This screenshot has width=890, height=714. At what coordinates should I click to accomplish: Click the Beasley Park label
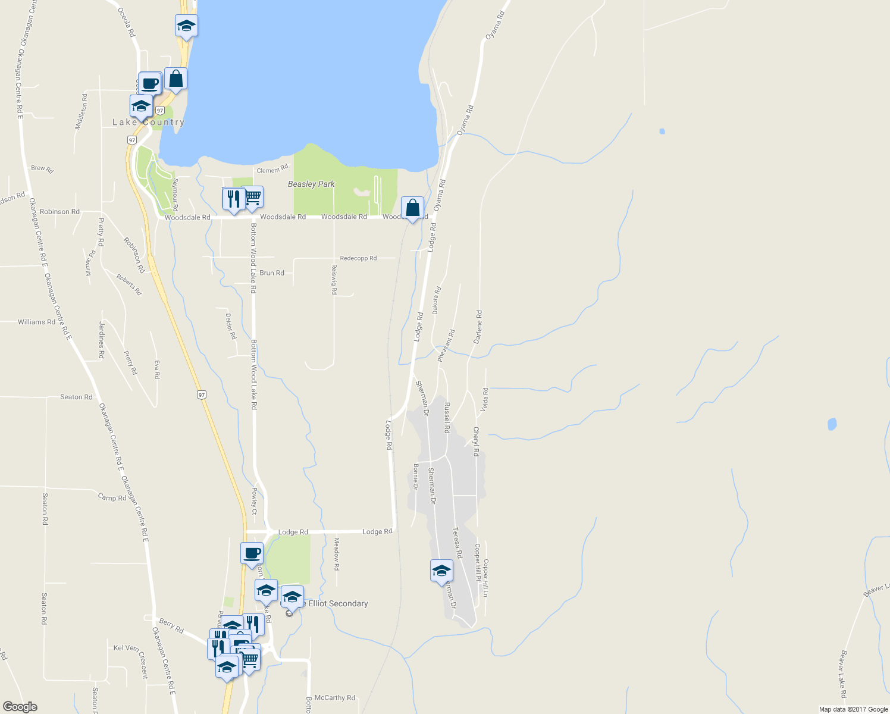click(x=311, y=184)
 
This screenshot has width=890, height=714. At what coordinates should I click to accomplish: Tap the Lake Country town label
click(x=149, y=123)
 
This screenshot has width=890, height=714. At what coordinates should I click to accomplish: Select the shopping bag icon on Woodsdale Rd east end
click(x=412, y=208)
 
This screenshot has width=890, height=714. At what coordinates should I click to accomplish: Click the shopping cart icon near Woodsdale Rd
click(x=253, y=198)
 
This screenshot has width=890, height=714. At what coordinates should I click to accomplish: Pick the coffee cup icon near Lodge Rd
click(x=252, y=553)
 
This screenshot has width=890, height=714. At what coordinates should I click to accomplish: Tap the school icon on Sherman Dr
click(x=441, y=571)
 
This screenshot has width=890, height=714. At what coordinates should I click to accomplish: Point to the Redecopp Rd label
click(x=358, y=258)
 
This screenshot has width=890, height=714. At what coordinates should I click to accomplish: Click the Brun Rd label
click(x=272, y=273)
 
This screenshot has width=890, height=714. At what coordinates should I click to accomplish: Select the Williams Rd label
click(x=36, y=322)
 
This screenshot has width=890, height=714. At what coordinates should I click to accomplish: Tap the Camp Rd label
click(x=112, y=497)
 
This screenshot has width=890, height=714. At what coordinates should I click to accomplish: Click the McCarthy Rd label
click(x=334, y=698)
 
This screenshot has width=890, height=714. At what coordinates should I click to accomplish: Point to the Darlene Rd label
click(x=478, y=327)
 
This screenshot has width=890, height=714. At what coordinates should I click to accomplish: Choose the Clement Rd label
click(x=272, y=170)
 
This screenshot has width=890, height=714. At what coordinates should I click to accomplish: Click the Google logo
click(x=20, y=707)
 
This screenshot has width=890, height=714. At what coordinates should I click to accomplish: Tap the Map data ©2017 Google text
click(x=853, y=709)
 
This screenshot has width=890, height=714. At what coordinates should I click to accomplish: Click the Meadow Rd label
click(x=336, y=554)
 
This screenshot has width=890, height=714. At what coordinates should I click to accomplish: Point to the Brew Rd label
click(x=42, y=169)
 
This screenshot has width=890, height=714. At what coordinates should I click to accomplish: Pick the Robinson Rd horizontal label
click(x=59, y=212)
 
